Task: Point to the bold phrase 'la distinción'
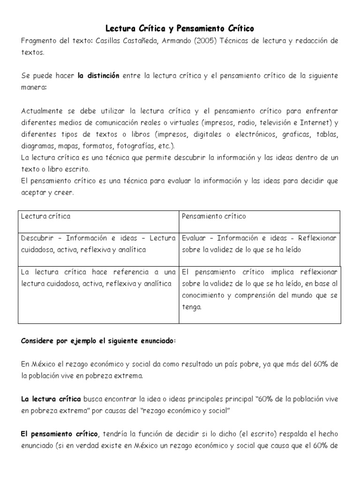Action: [x=98, y=75]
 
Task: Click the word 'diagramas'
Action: [x=38, y=146]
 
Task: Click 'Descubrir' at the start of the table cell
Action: [x=37, y=238]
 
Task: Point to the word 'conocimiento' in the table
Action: [x=204, y=296]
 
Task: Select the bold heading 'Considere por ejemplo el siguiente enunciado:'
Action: [x=98, y=341]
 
